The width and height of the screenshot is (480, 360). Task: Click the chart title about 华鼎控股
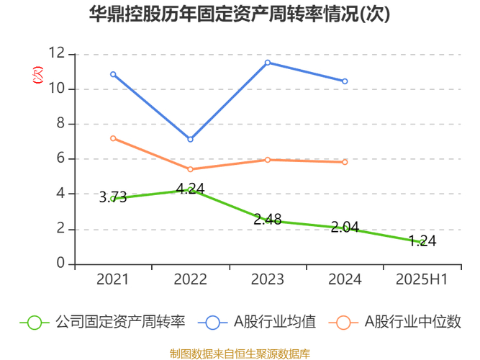pyautogui.click(x=240, y=15)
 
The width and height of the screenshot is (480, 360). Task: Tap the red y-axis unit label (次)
pyautogui.click(x=39, y=74)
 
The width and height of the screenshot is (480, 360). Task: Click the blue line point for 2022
pyautogui.click(x=191, y=139)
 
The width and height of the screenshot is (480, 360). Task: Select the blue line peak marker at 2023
pyautogui.click(x=268, y=63)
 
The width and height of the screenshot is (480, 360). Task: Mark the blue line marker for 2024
pyautogui.click(x=345, y=81)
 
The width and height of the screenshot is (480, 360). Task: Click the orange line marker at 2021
pyautogui.click(x=113, y=138)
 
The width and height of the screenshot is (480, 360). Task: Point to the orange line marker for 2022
pyautogui.click(x=191, y=169)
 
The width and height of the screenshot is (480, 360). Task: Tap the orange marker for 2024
pyautogui.click(x=345, y=162)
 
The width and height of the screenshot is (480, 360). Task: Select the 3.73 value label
pyautogui.click(x=113, y=198)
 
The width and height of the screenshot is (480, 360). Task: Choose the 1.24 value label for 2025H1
pyautogui.click(x=422, y=242)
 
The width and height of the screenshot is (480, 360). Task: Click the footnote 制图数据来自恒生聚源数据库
pyautogui.click(x=240, y=353)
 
